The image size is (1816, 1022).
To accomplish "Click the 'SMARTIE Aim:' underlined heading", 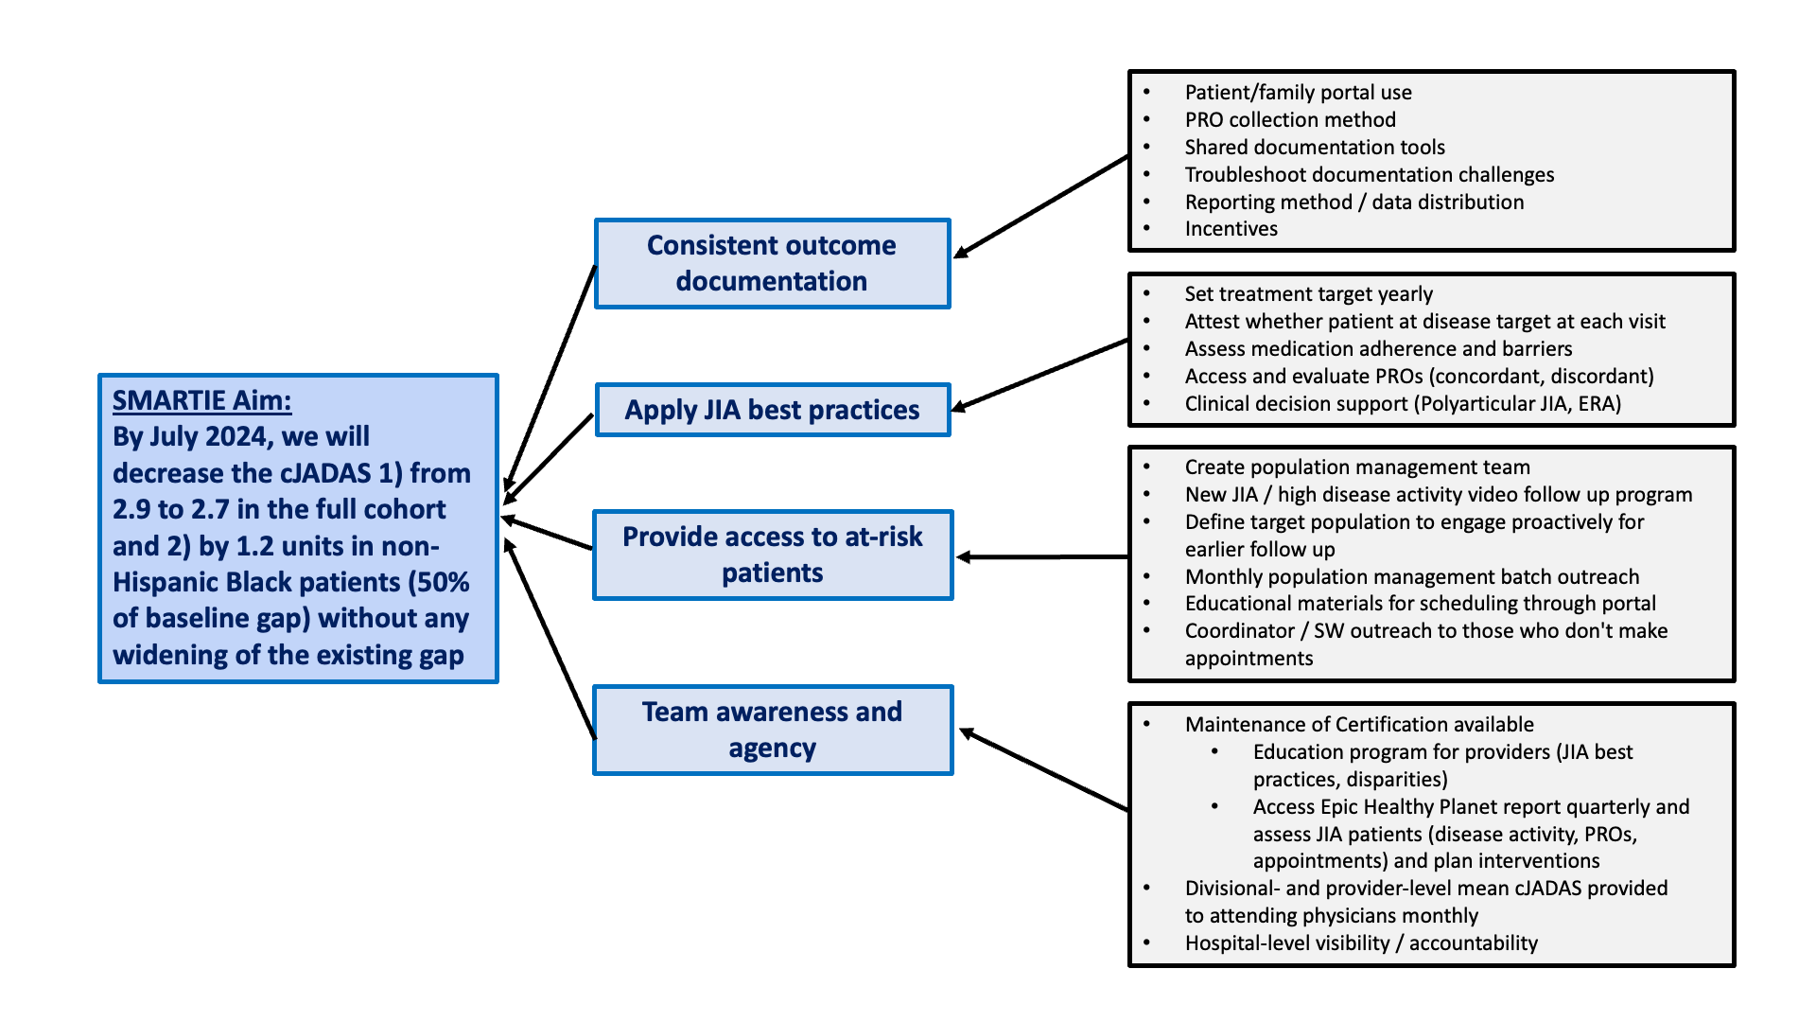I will (201, 401).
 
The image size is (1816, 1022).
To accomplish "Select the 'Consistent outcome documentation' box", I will (772, 263).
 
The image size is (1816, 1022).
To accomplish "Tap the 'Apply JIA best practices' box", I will (772, 410).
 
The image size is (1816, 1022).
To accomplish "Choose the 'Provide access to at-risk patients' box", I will (772, 555).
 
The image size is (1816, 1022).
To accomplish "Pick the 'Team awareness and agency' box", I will (772, 730).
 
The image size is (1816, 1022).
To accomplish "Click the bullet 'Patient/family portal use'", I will (1298, 93).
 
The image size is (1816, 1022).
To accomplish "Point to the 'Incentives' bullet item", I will (1231, 229).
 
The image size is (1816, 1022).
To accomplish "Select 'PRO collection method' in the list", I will (1290, 120).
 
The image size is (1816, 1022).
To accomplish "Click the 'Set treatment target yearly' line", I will (1308, 294).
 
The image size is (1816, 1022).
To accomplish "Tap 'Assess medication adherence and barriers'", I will (1378, 349).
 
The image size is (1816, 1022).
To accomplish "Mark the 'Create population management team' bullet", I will (1357, 467).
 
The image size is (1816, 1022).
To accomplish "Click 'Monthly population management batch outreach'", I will (1412, 577).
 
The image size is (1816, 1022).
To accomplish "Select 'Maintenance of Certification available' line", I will (1359, 725).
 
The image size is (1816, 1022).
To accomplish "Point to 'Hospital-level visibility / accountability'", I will (1361, 943).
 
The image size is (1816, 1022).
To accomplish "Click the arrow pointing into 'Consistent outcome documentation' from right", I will (1040, 206).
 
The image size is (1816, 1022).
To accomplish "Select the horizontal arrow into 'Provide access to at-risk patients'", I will (1040, 557).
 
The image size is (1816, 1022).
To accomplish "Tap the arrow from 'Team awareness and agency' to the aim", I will (550, 639).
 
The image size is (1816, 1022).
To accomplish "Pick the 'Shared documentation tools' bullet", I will (1315, 148).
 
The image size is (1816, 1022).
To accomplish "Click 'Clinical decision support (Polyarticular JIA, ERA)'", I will (1403, 404).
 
